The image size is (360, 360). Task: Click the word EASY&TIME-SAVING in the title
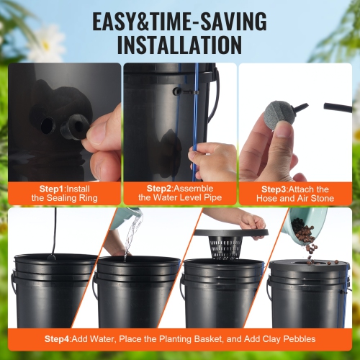[179, 20]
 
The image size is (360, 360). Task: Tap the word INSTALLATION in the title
[179, 45]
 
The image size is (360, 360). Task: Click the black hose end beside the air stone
[338, 107]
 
